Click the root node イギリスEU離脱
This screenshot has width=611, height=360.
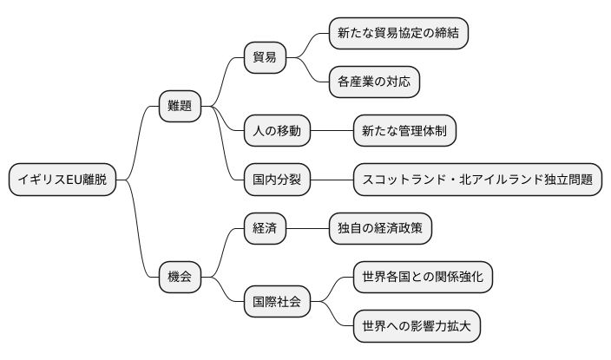(62, 180)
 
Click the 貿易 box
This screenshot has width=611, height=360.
(266, 57)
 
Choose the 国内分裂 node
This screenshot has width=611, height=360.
(276, 180)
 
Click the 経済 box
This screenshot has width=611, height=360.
(266, 229)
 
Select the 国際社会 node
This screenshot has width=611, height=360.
(276, 302)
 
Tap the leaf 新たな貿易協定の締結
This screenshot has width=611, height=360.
(398, 33)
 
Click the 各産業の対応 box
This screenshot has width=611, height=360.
(374, 82)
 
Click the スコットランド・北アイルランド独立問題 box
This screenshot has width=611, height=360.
(477, 180)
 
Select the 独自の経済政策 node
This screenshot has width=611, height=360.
(380, 229)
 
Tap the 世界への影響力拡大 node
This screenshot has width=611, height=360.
(417, 326)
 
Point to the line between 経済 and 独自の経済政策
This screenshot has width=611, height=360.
(307, 229)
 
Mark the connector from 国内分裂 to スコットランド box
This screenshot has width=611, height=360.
(331, 180)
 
